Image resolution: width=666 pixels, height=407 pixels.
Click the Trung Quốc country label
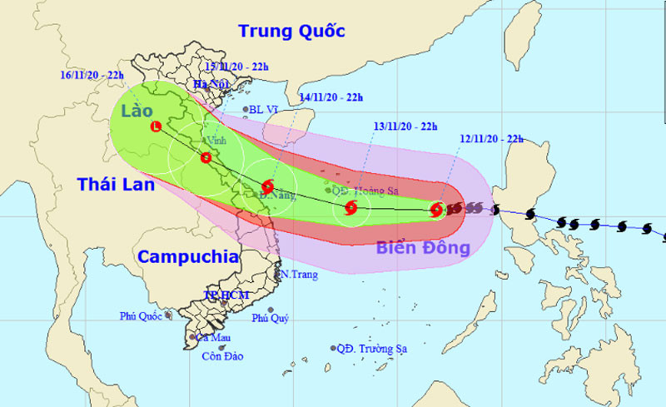pyautogui.click(x=291, y=32)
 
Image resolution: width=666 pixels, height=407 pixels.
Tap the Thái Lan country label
pyautogui.click(x=117, y=185)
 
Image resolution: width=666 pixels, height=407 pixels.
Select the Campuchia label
pyautogui.click(x=187, y=256)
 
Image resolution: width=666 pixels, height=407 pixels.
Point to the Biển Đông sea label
pyautogui.click(x=423, y=247)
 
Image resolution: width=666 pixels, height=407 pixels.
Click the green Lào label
pyautogui.click(x=137, y=111)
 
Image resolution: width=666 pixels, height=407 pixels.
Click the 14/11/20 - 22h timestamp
pyautogui.click(x=331, y=97)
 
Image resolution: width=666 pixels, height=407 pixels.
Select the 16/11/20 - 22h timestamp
pyautogui.click(x=92, y=75)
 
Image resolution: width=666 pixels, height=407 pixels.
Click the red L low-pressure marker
pyautogui.click(x=156, y=127)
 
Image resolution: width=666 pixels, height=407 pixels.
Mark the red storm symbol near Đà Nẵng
pyautogui.click(x=268, y=187)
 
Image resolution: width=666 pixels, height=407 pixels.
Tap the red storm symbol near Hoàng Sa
pyautogui.click(x=350, y=207)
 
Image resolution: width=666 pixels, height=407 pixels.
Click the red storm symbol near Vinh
pyautogui.click(x=206, y=157)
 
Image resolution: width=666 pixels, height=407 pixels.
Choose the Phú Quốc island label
pyautogui.click(x=140, y=315)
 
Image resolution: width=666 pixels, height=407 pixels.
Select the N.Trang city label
pyautogui.click(x=300, y=274)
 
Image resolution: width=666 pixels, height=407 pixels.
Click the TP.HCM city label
pyautogui.click(x=226, y=295)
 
